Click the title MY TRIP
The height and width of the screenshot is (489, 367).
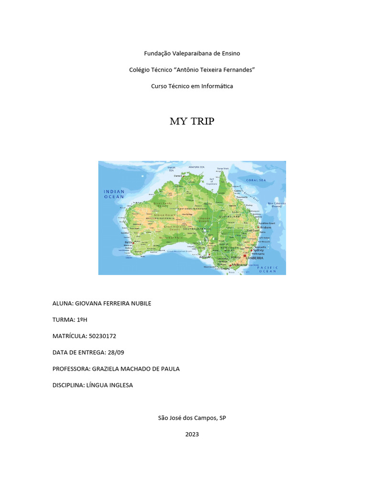[192, 121]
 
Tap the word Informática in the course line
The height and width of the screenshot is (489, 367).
[217, 86]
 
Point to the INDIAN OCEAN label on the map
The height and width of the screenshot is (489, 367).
[114, 194]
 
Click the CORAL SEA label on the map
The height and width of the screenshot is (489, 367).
[256, 180]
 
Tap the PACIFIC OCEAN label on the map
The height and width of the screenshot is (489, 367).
[267, 269]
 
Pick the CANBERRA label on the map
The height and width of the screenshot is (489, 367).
[254, 258]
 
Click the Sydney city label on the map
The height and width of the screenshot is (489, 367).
[259, 250]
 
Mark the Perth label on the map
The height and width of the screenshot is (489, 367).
[128, 243]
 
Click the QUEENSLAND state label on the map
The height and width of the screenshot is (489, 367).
[230, 216]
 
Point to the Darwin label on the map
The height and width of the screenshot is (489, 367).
[178, 176]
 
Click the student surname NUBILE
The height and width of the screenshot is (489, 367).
[140, 303]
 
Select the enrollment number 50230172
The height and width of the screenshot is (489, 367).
[102, 336]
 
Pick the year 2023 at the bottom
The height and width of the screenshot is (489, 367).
[192, 434]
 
